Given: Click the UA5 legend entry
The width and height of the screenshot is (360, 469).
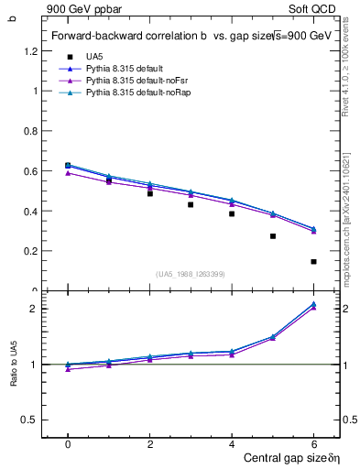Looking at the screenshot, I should [94, 57].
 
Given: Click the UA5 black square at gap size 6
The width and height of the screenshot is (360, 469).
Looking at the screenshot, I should [313, 262].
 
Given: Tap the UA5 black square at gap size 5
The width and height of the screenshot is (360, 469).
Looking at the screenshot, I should [273, 236].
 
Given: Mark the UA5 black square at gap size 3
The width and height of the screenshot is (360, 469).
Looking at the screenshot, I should [191, 204].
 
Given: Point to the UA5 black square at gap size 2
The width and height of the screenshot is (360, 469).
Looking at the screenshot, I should [150, 193].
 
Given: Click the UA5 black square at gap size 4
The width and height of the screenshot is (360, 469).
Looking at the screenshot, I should [232, 213].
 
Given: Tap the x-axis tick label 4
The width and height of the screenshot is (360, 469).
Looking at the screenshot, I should [232, 444].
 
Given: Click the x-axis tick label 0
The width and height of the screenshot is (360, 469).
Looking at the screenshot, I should [68, 444].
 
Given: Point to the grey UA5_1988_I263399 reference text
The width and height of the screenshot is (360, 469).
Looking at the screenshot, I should [191, 274].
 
